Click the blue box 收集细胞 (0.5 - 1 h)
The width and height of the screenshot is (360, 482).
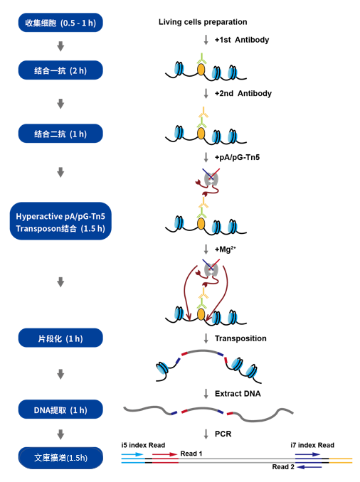(60, 23)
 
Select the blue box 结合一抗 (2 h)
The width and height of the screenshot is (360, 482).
(60, 70)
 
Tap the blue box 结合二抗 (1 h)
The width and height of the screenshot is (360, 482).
(60, 134)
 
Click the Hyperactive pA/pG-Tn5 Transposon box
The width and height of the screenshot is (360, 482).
(60, 221)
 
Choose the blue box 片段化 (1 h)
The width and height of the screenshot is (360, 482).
(60, 338)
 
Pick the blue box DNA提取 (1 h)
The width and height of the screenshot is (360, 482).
(60, 409)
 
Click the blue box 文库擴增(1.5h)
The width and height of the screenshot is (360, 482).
(60, 458)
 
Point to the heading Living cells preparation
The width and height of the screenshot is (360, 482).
(203, 22)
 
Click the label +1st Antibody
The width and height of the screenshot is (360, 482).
(242, 40)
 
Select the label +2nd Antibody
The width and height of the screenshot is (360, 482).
(243, 93)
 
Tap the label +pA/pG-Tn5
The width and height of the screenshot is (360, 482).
(237, 157)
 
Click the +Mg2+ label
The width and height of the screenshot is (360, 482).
(226, 249)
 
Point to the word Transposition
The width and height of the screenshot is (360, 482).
(240, 338)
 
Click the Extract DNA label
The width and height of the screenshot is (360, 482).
(238, 394)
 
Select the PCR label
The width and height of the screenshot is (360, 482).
(223, 434)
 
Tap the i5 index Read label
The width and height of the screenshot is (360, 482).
(143, 445)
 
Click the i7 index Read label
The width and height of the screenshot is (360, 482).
(312, 445)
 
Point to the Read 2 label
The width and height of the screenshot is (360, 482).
(283, 467)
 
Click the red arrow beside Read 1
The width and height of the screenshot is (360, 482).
(164, 454)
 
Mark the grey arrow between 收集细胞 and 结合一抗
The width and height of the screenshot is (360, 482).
(60, 46)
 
